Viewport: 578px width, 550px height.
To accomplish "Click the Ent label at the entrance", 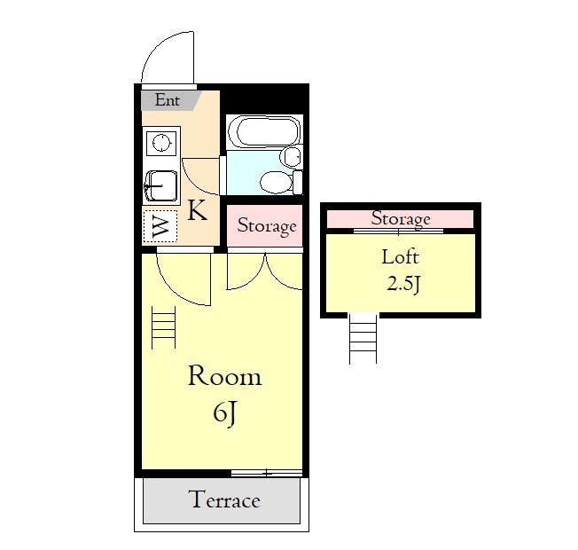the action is tap(167, 100).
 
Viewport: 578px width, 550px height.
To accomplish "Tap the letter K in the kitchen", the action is tap(197, 210).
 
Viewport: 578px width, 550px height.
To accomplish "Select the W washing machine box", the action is tap(160, 226).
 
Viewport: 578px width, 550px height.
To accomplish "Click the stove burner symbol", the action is tap(161, 143).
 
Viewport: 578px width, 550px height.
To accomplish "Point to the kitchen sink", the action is tap(160, 186).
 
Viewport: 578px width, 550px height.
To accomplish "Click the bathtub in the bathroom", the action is tap(264, 132).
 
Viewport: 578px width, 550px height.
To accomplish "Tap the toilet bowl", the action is tap(275, 182).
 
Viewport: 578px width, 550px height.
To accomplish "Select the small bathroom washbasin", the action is tap(291, 157).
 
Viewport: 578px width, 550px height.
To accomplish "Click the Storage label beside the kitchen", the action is tap(267, 226).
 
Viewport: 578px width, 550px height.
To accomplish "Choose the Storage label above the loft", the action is tap(401, 219).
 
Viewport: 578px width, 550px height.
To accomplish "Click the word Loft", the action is tap(401, 256).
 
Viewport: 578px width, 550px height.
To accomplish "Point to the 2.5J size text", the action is tap(403, 285).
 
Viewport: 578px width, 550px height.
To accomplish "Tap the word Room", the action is tap(225, 376).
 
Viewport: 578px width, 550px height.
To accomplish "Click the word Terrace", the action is tap(224, 499).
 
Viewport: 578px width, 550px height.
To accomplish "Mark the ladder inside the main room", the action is tap(164, 327).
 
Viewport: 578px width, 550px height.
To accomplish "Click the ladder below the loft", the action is tap(363, 339).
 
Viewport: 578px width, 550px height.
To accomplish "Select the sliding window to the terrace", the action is tap(267, 473).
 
